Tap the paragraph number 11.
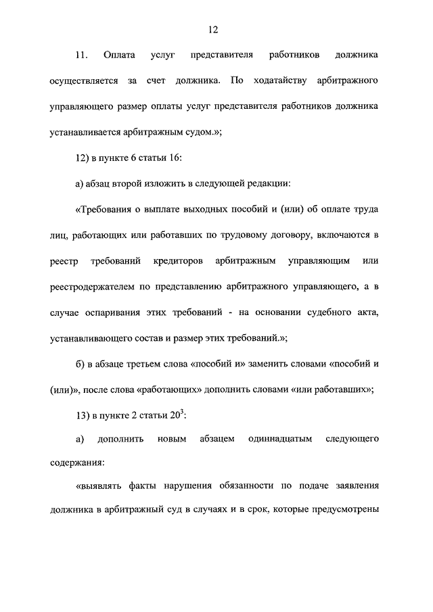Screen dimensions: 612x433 pos(81,54)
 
